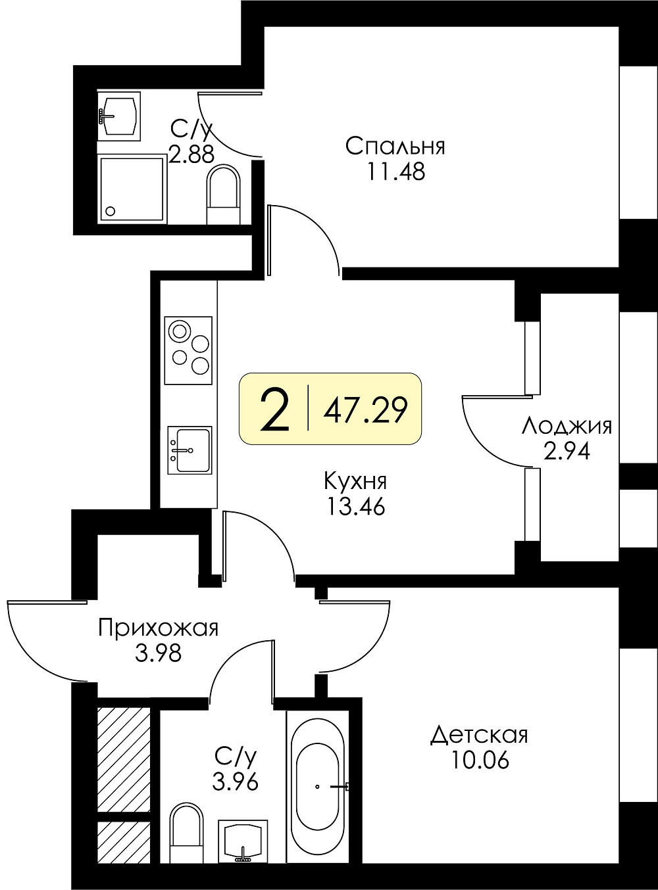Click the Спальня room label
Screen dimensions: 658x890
click(x=395, y=146)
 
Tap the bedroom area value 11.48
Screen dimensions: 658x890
click(x=395, y=172)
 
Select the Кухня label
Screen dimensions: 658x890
click(x=355, y=482)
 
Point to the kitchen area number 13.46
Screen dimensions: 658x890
click(x=355, y=506)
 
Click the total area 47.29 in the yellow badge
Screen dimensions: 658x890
click(x=365, y=410)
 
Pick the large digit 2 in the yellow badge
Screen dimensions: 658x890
click(x=275, y=411)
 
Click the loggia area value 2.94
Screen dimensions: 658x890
click(x=567, y=452)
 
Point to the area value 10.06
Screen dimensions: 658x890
click(x=480, y=760)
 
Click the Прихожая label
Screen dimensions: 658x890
click(x=159, y=628)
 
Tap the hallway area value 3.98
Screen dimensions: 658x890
click(x=159, y=653)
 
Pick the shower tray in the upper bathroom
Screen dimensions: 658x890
click(x=132, y=189)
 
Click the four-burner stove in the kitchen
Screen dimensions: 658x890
click(x=188, y=350)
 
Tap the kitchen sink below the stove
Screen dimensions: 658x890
click(x=190, y=450)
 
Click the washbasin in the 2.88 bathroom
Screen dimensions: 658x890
click(x=119, y=116)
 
